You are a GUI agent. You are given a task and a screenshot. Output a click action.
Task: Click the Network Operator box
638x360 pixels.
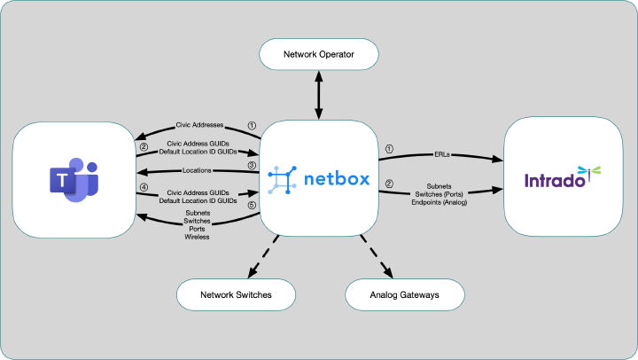pos(318,55)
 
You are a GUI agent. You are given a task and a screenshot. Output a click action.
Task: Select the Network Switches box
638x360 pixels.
pos(237,293)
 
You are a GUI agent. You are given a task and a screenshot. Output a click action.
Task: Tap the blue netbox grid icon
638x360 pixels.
pos(282,179)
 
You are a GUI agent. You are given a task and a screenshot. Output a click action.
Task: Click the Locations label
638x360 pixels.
pos(197,170)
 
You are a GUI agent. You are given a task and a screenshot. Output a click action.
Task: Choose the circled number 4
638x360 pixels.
pos(144,188)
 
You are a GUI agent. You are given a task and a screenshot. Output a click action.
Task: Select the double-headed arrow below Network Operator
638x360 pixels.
pos(318,94)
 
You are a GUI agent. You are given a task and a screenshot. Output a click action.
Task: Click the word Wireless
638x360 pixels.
pos(197,237)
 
